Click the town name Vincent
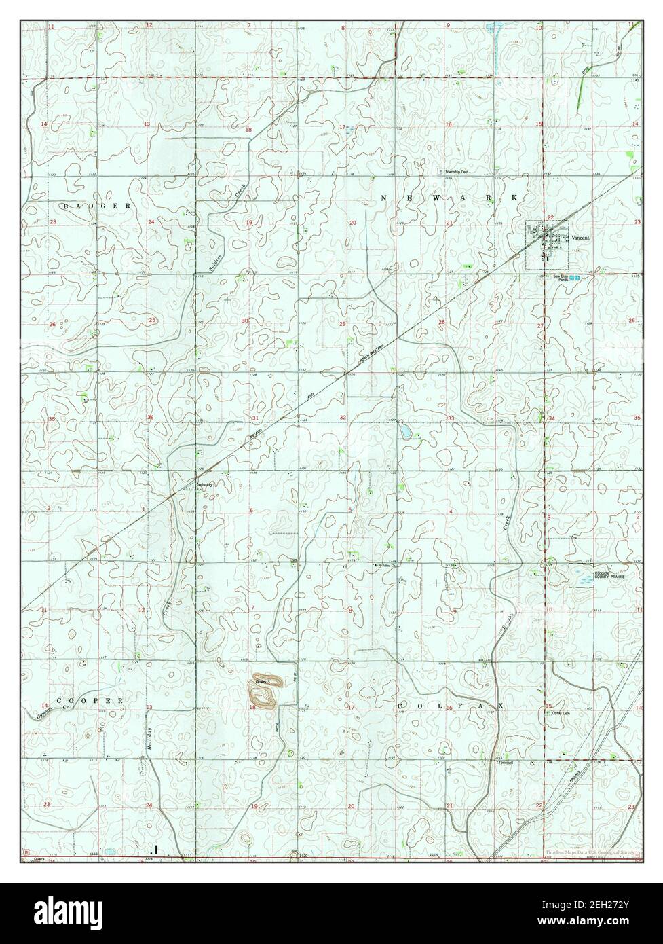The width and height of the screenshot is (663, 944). point(581,238)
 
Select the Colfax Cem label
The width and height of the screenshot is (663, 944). point(562,713)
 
